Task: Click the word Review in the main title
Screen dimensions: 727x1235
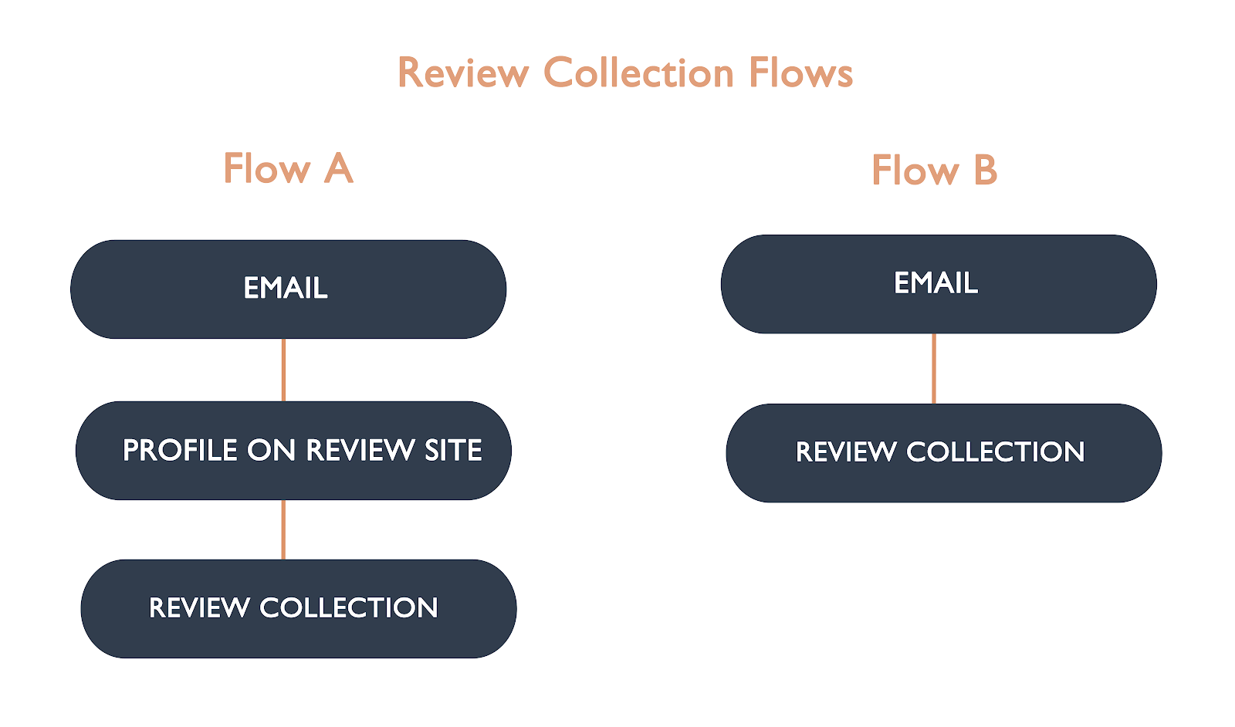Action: coord(463,73)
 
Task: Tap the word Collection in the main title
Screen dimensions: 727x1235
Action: coord(638,73)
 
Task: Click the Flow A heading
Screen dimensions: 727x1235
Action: coord(288,168)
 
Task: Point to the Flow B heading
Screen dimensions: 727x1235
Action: coord(934,170)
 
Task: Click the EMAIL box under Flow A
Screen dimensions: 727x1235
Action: coord(288,289)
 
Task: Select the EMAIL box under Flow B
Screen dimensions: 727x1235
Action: coord(938,284)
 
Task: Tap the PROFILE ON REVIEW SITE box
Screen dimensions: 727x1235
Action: coord(293,451)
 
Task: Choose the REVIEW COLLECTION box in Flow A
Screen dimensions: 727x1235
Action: coord(298,609)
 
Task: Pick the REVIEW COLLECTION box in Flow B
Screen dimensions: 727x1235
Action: coord(943,453)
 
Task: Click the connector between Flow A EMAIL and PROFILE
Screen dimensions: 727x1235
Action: coord(284,370)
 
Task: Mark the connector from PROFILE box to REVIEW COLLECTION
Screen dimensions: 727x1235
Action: coord(283,529)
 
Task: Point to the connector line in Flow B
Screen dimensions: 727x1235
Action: coord(934,368)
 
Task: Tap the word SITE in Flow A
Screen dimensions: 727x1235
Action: coord(453,451)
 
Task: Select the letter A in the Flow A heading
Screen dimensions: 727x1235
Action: coord(338,168)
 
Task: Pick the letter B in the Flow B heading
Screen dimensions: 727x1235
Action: coord(985,170)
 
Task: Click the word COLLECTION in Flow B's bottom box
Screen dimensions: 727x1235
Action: coord(995,452)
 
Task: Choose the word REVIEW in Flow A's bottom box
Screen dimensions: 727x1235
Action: coord(199,608)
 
